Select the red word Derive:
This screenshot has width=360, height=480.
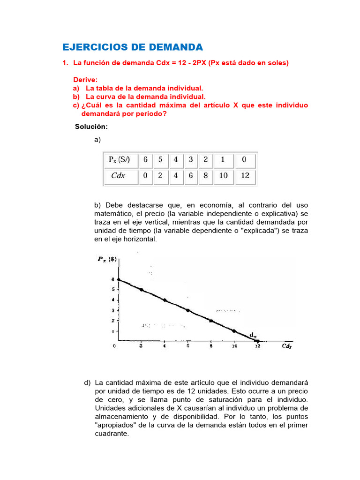85,80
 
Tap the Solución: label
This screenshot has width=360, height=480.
91,127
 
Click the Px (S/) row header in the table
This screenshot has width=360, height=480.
120,159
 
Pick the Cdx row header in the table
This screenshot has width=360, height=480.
118,176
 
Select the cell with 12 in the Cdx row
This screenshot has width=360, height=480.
246,176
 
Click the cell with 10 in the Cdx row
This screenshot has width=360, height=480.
223,176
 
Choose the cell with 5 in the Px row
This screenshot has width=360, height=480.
160,159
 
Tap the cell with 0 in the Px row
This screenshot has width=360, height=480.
244,159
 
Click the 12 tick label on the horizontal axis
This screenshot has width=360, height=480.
257,346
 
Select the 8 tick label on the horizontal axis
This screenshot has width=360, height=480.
211,346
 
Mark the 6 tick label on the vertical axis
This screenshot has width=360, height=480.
112,279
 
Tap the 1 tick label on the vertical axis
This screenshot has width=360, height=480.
112,331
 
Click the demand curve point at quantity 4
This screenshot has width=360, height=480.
165,300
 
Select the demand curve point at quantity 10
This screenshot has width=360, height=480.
234,331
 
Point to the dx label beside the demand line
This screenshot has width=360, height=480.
253,335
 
